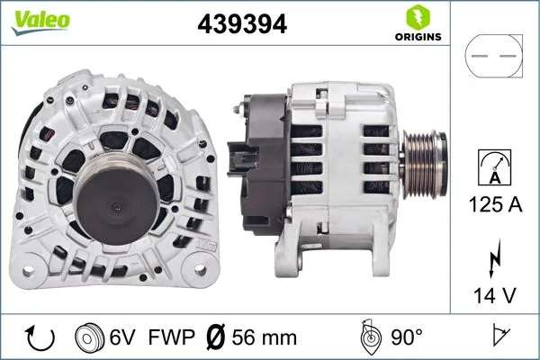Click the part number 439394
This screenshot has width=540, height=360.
[242, 24]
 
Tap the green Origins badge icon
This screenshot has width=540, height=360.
[417, 17]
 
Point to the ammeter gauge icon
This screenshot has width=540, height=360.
[494, 168]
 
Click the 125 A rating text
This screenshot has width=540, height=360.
[494, 204]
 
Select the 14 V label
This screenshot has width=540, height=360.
[494, 292]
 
